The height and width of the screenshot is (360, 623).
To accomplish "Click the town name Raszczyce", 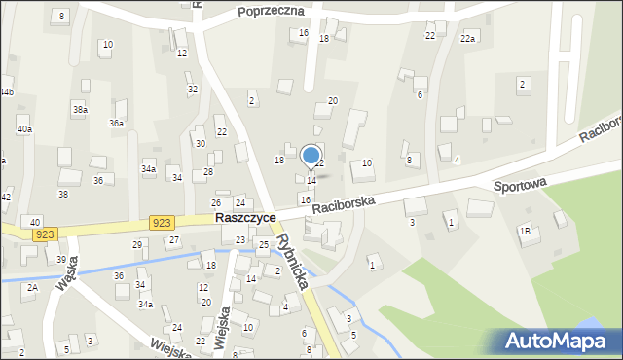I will (244, 219).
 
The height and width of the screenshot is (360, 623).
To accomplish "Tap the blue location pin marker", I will (311, 156).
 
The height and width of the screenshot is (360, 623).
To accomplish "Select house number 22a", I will (467, 38).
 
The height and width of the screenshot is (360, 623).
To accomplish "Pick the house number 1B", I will (525, 231).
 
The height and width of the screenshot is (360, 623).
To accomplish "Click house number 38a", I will (80, 111).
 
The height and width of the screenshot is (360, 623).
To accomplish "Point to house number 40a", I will (24, 128).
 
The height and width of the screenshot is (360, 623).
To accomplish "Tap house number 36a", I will (116, 124).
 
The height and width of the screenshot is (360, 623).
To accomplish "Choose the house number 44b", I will (7, 92).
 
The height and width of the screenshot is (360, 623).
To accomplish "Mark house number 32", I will (193, 90).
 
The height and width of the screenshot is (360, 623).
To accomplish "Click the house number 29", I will (137, 244).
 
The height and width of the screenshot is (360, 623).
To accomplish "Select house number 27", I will (174, 239).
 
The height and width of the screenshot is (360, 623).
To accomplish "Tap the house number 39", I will (60, 260).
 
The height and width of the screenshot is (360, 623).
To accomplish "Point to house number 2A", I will (32, 288).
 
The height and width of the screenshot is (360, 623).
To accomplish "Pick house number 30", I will (201, 143).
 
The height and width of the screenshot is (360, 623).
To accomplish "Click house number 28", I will (208, 172).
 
